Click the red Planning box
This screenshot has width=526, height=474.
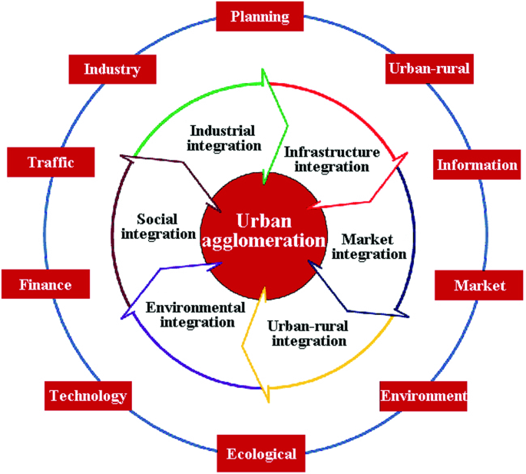click(x=260, y=16)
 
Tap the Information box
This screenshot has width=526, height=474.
click(x=477, y=164)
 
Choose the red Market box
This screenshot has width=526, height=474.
click(x=479, y=286)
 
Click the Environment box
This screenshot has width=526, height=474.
click(x=423, y=396)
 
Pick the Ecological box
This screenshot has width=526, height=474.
click(x=261, y=453)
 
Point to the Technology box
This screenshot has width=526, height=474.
click(x=88, y=396)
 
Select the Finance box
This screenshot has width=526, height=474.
click(x=45, y=285)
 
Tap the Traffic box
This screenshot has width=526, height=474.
click(x=50, y=162)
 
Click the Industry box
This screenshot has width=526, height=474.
click(x=112, y=69)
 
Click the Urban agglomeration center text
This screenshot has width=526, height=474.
click(x=263, y=230)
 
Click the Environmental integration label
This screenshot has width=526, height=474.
click(x=196, y=314)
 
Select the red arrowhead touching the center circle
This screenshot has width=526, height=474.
click(x=310, y=206)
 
